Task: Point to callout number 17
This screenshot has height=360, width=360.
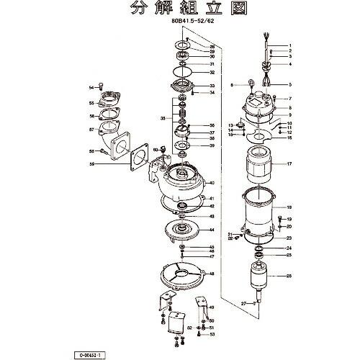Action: tap(289, 165)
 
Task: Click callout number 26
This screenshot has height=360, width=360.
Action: tap(289, 276)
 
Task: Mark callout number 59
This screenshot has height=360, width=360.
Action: tap(92, 165)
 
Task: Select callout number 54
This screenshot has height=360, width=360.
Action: tap(91, 87)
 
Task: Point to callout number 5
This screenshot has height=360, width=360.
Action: tap(289, 84)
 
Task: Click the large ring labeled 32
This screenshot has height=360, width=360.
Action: tap(185, 73)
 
